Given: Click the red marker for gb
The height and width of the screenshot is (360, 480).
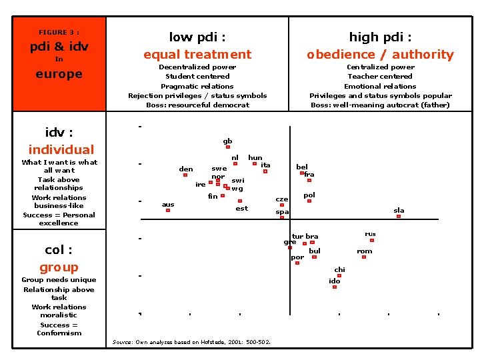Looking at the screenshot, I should pyautogui.click(x=228, y=147).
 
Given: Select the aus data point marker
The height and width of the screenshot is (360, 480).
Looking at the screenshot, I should pyautogui.click(x=168, y=210).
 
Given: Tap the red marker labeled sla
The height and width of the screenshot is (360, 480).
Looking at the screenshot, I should pyautogui.click(x=399, y=216).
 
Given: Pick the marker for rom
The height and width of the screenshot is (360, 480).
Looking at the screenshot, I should pyautogui.click(x=364, y=257).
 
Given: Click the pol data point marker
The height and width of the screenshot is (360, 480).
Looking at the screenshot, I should pyautogui.click(x=309, y=201).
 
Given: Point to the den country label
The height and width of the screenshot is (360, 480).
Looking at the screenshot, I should pyautogui.click(x=186, y=169).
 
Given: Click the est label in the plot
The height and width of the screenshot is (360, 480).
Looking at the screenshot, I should pyautogui.click(x=242, y=208).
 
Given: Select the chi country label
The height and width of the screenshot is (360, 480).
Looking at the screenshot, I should pyautogui.click(x=340, y=269).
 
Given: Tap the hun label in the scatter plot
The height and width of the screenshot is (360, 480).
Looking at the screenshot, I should pyautogui.click(x=255, y=158).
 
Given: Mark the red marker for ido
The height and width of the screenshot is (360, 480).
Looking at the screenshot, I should pyautogui.click(x=335, y=287).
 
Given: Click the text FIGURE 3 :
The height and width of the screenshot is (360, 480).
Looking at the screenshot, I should pyautogui.click(x=59, y=33).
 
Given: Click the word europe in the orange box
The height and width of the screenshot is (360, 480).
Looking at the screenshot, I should pyautogui.click(x=59, y=73).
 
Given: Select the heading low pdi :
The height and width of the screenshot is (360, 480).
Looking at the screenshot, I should pyautogui.click(x=197, y=37).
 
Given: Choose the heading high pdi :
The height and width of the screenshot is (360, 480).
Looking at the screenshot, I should pyautogui.click(x=380, y=37).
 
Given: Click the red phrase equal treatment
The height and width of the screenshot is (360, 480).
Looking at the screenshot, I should pyautogui.click(x=197, y=54).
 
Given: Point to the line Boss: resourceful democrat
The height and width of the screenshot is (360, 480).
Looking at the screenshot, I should pyautogui.click(x=197, y=105).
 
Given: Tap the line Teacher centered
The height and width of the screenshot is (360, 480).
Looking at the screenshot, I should pyautogui.click(x=380, y=76).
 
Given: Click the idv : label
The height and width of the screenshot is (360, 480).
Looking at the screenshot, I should pyautogui.click(x=59, y=133).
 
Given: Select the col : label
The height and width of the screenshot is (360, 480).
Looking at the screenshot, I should pyautogui.click(x=59, y=250).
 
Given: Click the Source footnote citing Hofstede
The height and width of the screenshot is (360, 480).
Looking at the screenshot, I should pyautogui.click(x=191, y=342).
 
